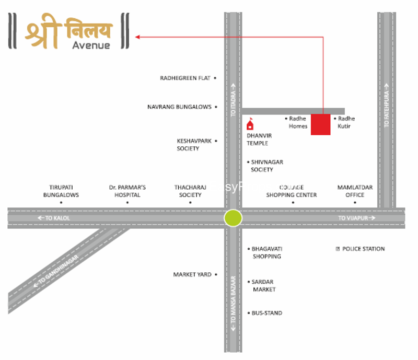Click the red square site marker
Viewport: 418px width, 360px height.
pos(320,124)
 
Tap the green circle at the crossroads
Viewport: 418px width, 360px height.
pos(233,217)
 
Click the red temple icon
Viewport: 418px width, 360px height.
pos(250,124)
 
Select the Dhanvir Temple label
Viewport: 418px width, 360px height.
pos(257,140)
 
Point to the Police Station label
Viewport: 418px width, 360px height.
pos(363,249)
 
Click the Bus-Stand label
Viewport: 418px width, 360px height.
pos(266,313)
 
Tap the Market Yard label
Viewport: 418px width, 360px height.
pos(192,274)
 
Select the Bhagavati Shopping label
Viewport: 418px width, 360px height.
pos(266,252)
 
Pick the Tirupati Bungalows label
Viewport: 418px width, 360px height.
pos(61,191)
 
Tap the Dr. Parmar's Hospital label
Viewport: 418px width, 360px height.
pos(127,191)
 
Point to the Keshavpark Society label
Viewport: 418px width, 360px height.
pos(189,144)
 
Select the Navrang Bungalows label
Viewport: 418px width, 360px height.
pos(179,107)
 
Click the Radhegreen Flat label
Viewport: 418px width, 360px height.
pos(185,78)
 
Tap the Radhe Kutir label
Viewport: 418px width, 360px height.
pos(346,122)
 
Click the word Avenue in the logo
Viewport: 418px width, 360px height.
pos(91,45)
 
